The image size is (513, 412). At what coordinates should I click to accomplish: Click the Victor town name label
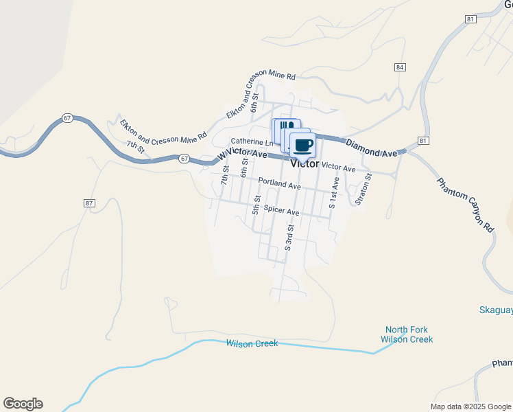tap(305, 164)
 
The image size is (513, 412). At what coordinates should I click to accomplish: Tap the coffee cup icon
tap(303, 145)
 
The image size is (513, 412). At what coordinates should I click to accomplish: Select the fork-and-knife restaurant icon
tap(286, 126)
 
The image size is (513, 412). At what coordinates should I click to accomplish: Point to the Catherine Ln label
tap(248, 141)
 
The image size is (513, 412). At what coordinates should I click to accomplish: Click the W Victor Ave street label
tap(242, 155)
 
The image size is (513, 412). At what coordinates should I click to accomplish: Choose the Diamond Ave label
tap(371, 146)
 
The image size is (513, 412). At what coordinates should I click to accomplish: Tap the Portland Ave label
tap(279, 185)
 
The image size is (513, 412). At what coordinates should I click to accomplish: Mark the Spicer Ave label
tap(282, 212)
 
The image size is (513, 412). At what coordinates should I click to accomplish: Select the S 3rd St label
tap(289, 237)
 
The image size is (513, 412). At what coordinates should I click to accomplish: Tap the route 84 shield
tap(400, 67)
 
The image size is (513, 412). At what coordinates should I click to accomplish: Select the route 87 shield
tap(89, 203)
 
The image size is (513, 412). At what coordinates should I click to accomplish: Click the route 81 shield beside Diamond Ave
tap(422, 141)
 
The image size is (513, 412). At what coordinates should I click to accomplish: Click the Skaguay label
tap(495, 310)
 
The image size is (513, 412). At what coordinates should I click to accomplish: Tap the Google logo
tap(23, 404)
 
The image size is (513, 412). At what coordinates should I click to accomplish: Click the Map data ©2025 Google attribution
tap(470, 407)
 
